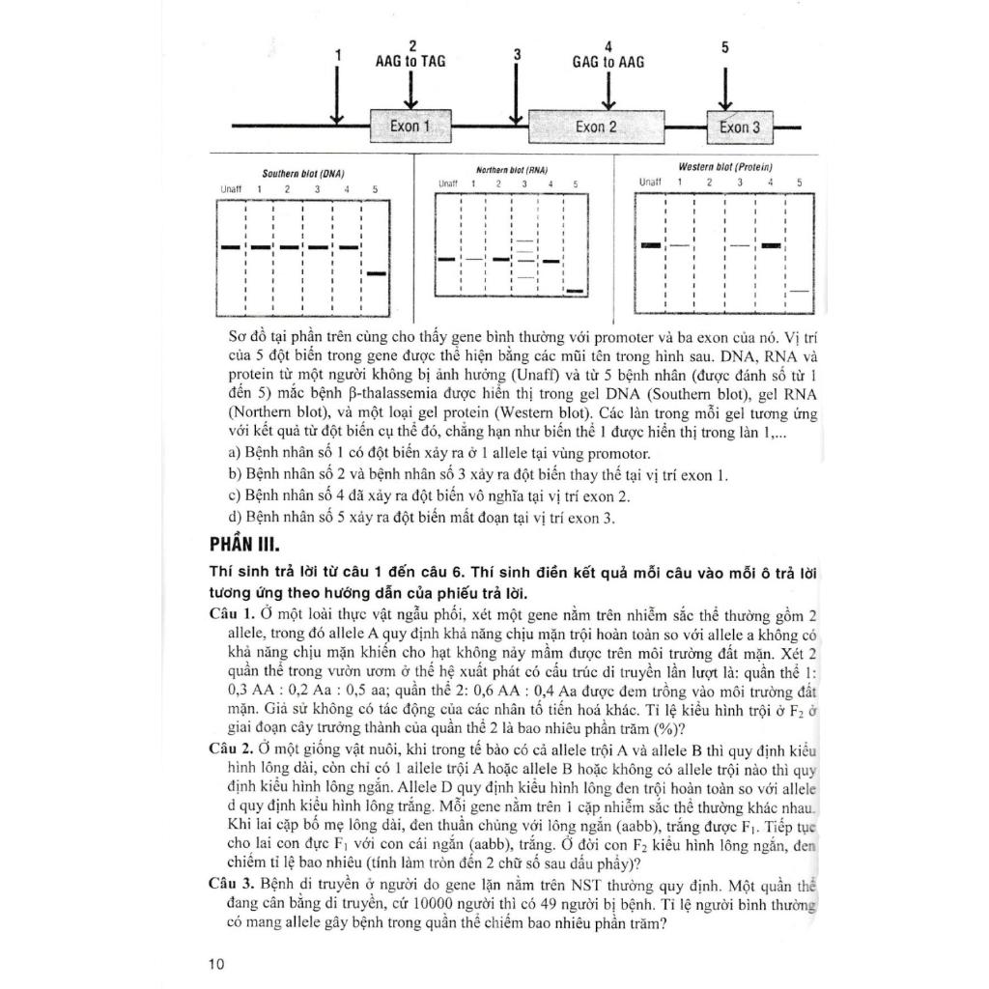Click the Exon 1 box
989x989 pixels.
click(411, 126)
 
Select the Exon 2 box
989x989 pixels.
click(597, 127)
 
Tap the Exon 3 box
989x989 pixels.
click(741, 127)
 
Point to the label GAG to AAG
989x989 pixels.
click(608, 62)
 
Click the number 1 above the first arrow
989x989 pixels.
click(337, 56)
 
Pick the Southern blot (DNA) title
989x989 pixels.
click(304, 175)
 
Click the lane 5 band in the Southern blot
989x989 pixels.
click(377, 274)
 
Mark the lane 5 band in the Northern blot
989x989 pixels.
click(576, 290)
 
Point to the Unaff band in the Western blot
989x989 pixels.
click(651, 245)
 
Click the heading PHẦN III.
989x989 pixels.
click(247, 543)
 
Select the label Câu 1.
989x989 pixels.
click(232, 615)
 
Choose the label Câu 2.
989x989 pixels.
click(232, 750)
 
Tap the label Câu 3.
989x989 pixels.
click(232, 886)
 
